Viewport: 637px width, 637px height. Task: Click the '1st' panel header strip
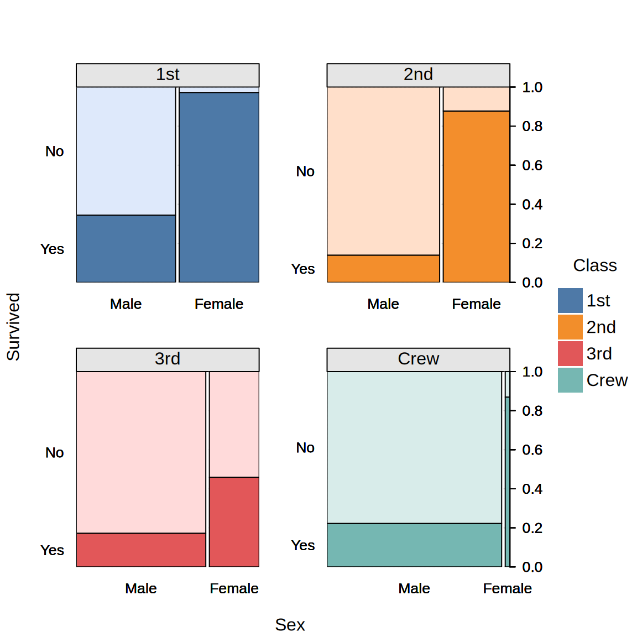[x=168, y=75]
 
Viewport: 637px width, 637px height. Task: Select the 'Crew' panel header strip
[x=418, y=359]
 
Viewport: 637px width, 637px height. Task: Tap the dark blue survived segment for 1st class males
[x=126, y=248]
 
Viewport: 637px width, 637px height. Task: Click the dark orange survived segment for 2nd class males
[x=383, y=269]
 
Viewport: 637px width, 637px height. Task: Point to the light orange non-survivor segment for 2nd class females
[x=476, y=99]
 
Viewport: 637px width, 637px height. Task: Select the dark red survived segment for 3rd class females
[x=234, y=521]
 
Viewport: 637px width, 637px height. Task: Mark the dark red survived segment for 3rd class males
[x=141, y=550]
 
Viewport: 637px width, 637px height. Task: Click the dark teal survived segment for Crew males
[x=414, y=545]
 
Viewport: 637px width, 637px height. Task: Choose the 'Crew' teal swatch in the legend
[x=570, y=380]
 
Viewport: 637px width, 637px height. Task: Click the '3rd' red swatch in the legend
[x=570, y=353]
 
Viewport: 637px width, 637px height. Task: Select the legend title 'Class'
[x=594, y=265]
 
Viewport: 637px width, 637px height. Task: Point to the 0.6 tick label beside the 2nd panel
[x=532, y=165]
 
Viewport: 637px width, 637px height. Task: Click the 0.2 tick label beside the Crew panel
[x=532, y=528]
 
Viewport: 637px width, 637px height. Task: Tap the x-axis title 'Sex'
[x=290, y=624]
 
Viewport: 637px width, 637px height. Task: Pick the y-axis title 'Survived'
[x=13, y=327]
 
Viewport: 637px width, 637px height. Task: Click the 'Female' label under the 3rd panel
[x=234, y=588]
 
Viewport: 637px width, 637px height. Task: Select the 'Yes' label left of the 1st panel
[x=52, y=249]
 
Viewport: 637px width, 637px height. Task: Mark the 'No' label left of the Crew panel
[x=305, y=447]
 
